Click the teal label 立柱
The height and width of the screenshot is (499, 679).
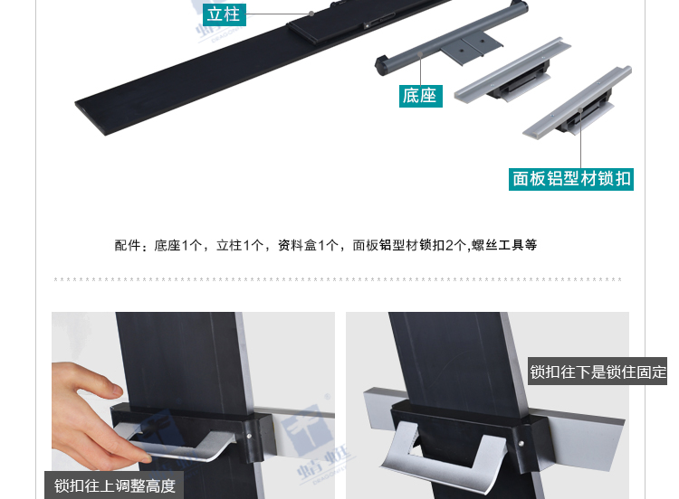(x=224, y=14)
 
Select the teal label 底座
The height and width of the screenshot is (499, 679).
(x=420, y=95)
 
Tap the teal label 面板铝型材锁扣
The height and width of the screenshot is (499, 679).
(x=571, y=179)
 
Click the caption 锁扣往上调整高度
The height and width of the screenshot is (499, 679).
(x=114, y=485)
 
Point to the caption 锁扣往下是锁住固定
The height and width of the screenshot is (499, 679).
(x=598, y=371)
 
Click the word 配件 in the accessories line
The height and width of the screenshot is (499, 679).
(x=128, y=245)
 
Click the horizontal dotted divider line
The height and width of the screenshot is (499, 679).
(x=339, y=279)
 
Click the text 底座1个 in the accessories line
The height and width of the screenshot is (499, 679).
(x=179, y=245)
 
